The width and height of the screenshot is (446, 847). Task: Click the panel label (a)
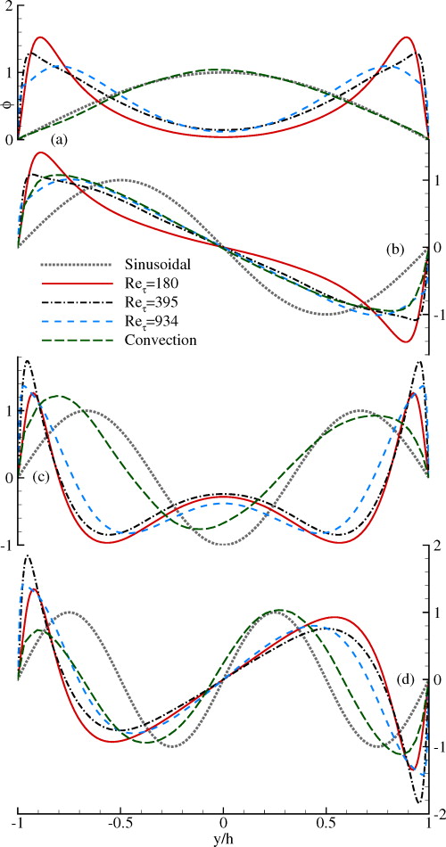tap(60, 139)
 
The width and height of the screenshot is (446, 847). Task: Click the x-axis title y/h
tap(223, 839)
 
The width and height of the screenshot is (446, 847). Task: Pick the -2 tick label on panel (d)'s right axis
tap(435, 814)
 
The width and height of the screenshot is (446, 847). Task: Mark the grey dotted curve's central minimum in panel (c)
tap(223, 544)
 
